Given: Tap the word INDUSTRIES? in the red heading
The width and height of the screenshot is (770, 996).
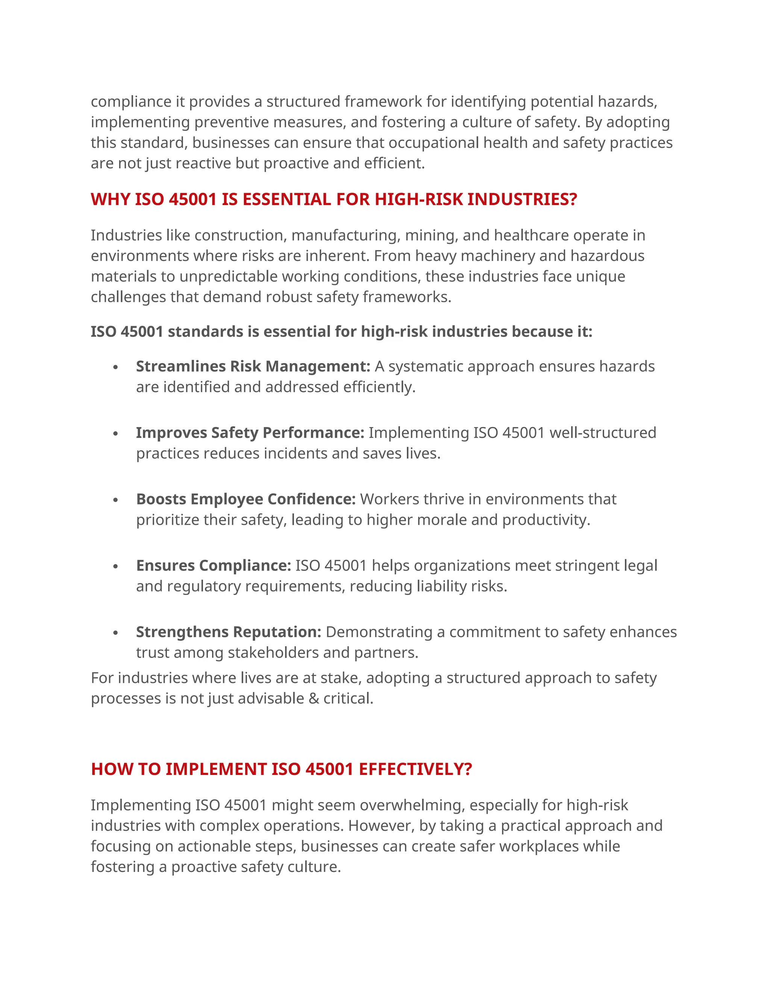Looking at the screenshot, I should (x=522, y=199).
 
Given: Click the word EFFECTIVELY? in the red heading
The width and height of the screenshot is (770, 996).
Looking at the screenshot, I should (x=415, y=769).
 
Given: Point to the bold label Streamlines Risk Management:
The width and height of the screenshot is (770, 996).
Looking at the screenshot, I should (x=253, y=366).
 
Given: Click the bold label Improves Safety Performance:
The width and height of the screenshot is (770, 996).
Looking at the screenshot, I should (x=250, y=432).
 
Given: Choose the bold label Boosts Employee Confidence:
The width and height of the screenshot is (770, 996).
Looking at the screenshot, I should (x=246, y=499).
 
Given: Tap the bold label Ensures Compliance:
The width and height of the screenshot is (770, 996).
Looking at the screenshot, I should (x=213, y=566).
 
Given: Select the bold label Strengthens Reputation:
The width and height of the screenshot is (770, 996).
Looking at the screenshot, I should (x=229, y=632).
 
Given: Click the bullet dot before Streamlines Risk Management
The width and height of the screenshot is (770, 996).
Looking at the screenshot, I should (x=116, y=367).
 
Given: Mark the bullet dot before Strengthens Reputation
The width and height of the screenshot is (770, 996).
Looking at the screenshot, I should (x=116, y=633).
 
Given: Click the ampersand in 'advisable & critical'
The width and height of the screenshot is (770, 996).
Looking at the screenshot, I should (x=314, y=699).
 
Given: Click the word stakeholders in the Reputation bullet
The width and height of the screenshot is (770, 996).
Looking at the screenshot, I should (x=273, y=652).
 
